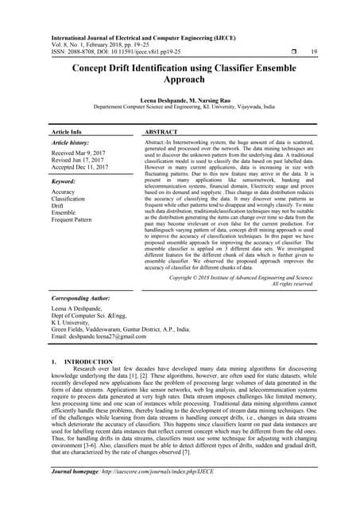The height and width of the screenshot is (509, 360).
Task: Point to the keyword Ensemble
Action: tap(65, 212)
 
